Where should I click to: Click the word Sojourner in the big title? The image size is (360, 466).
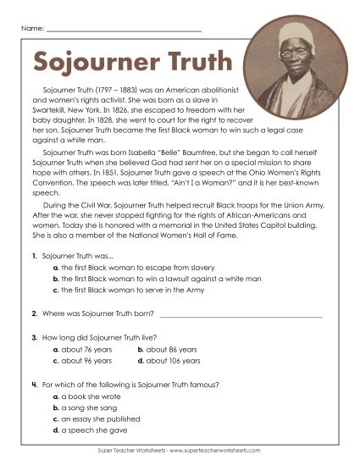tap(93, 61)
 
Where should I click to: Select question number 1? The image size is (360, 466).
tap(32, 255)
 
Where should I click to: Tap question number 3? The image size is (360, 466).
tap(32, 337)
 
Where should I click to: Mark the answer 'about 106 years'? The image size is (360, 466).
tap(169, 361)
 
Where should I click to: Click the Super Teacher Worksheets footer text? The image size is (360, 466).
tap(180, 451)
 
